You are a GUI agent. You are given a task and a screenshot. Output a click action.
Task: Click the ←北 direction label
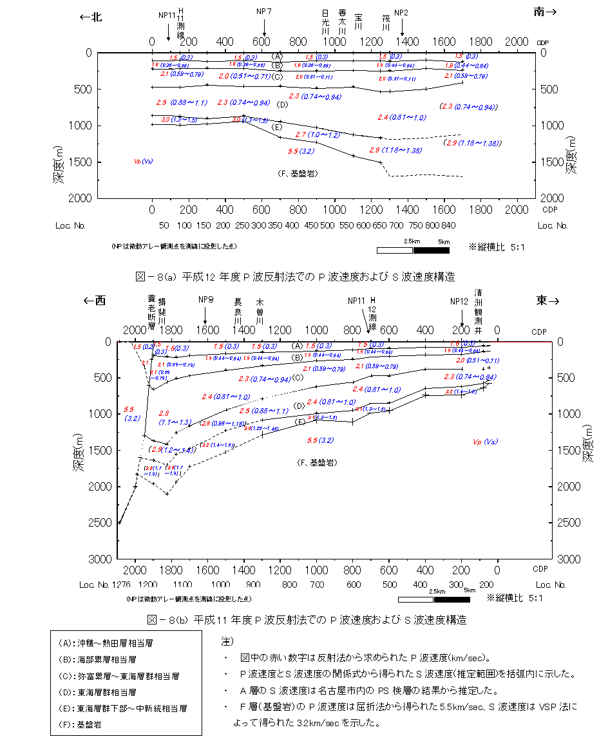click(91, 17)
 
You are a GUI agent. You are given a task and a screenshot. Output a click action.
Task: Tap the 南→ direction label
click(545, 11)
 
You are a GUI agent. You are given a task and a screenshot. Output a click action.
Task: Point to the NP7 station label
click(264, 12)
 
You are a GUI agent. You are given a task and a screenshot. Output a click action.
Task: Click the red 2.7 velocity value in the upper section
click(300, 135)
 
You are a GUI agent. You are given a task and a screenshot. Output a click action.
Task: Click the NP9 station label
click(206, 299)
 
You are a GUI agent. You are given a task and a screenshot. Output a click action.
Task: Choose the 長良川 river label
click(238, 310)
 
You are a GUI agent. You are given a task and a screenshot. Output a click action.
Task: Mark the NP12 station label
click(459, 301)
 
